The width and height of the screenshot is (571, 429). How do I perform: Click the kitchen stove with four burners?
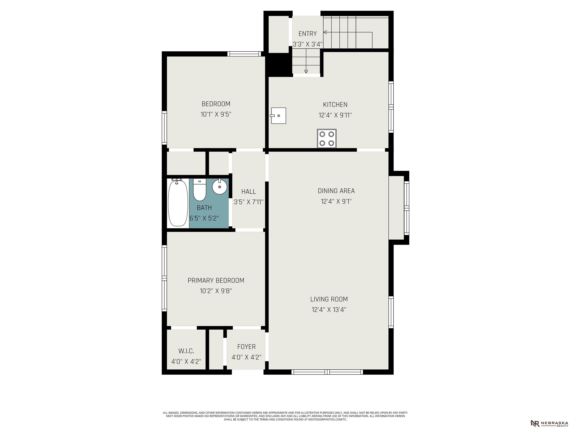pyautogui.click(x=327, y=138)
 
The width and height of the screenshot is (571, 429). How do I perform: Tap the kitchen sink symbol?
pyautogui.click(x=278, y=116)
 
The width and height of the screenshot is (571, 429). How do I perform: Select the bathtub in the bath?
pyautogui.click(x=178, y=204)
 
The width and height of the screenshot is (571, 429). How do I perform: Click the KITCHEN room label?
pyautogui.click(x=335, y=105)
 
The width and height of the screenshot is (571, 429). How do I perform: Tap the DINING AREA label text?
pyautogui.click(x=336, y=191)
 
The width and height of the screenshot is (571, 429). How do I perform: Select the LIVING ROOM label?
pyautogui.click(x=329, y=299)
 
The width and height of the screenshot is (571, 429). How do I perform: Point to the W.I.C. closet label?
pyautogui.click(x=186, y=351)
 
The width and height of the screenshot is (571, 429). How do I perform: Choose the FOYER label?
pyautogui.click(x=246, y=347)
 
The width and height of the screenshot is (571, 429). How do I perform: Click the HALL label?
pyautogui.click(x=249, y=191)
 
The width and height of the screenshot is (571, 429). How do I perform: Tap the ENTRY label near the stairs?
pyautogui.click(x=307, y=34)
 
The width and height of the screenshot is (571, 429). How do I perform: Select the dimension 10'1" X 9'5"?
pyautogui.click(x=216, y=114)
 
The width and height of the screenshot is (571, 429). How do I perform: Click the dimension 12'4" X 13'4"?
pyautogui.click(x=329, y=309)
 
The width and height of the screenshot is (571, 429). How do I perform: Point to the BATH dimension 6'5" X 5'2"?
pyautogui.click(x=204, y=218)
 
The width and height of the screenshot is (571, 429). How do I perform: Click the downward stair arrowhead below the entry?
pyautogui.click(x=306, y=71)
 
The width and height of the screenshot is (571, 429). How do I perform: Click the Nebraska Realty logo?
pyautogui.click(x=549, y=416)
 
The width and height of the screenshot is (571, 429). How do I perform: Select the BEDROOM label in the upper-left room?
pyautogui.click(x=216, y=104)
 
